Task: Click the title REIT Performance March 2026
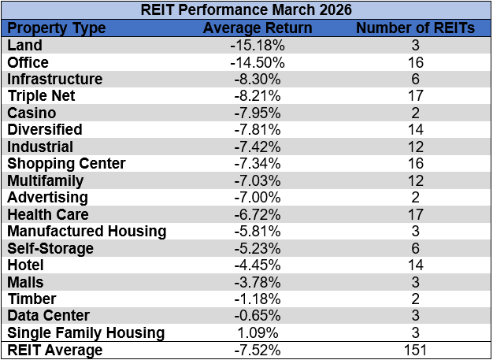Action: pyautogui.click(x=246, y=11)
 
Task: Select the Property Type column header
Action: pyautogui.click(x=56, y=28)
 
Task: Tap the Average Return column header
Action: pyautogui.click(x=258, y=28)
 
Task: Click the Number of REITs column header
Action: pyautogui.click(x=415, y=28)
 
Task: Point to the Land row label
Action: pyautogui.click(x=24, y=45)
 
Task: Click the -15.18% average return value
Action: pyautogui.click(x=258, y=45)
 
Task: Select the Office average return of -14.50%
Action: pyautogui.click(x=258, y=62)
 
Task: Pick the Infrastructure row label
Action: pyautogui.click(x=55, y=79)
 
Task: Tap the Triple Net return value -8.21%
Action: pyautogui.click(x=258, y=96)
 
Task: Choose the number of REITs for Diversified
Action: pyautogui.click(x=415, y=130)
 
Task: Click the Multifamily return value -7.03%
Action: pyautogui.click(x=258, y=180)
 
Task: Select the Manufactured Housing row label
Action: pyautogui.click(x=87, y=231)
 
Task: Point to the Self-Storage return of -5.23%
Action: pyautogui.click(x=258, y=248)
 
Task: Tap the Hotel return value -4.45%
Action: pyautogui.click(x=258, y=265)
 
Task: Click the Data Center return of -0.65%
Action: pyautogui.click(x=258, y=316)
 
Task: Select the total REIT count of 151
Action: pyautogui.click(x=415, y=350)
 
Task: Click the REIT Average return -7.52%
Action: pyautogui.click(x=258, y=350)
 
